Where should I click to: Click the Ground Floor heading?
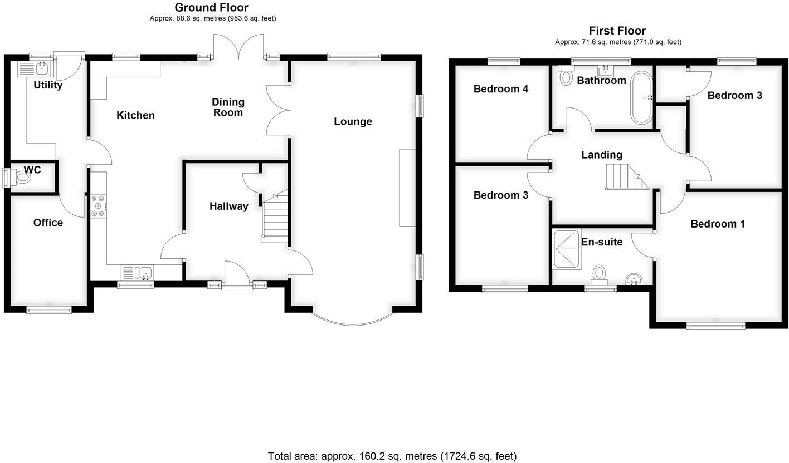[211, 7]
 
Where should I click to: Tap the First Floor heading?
[617, 31]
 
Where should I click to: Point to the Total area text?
[392, 456]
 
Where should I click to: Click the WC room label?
[32, 170]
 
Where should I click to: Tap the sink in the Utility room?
[41, 68]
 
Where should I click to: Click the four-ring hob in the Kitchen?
[98, 205]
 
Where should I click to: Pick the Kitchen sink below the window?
[145, 273]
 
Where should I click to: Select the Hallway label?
[228, 206]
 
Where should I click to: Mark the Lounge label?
[353, 121]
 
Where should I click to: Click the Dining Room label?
[228, 107]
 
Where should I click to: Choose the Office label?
[48, 223]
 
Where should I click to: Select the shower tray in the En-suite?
[566, 249]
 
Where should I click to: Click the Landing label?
[601, 155]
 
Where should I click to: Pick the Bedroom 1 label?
[717, 224]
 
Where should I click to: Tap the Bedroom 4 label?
[500, 89]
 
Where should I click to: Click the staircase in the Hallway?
[275, 220]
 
